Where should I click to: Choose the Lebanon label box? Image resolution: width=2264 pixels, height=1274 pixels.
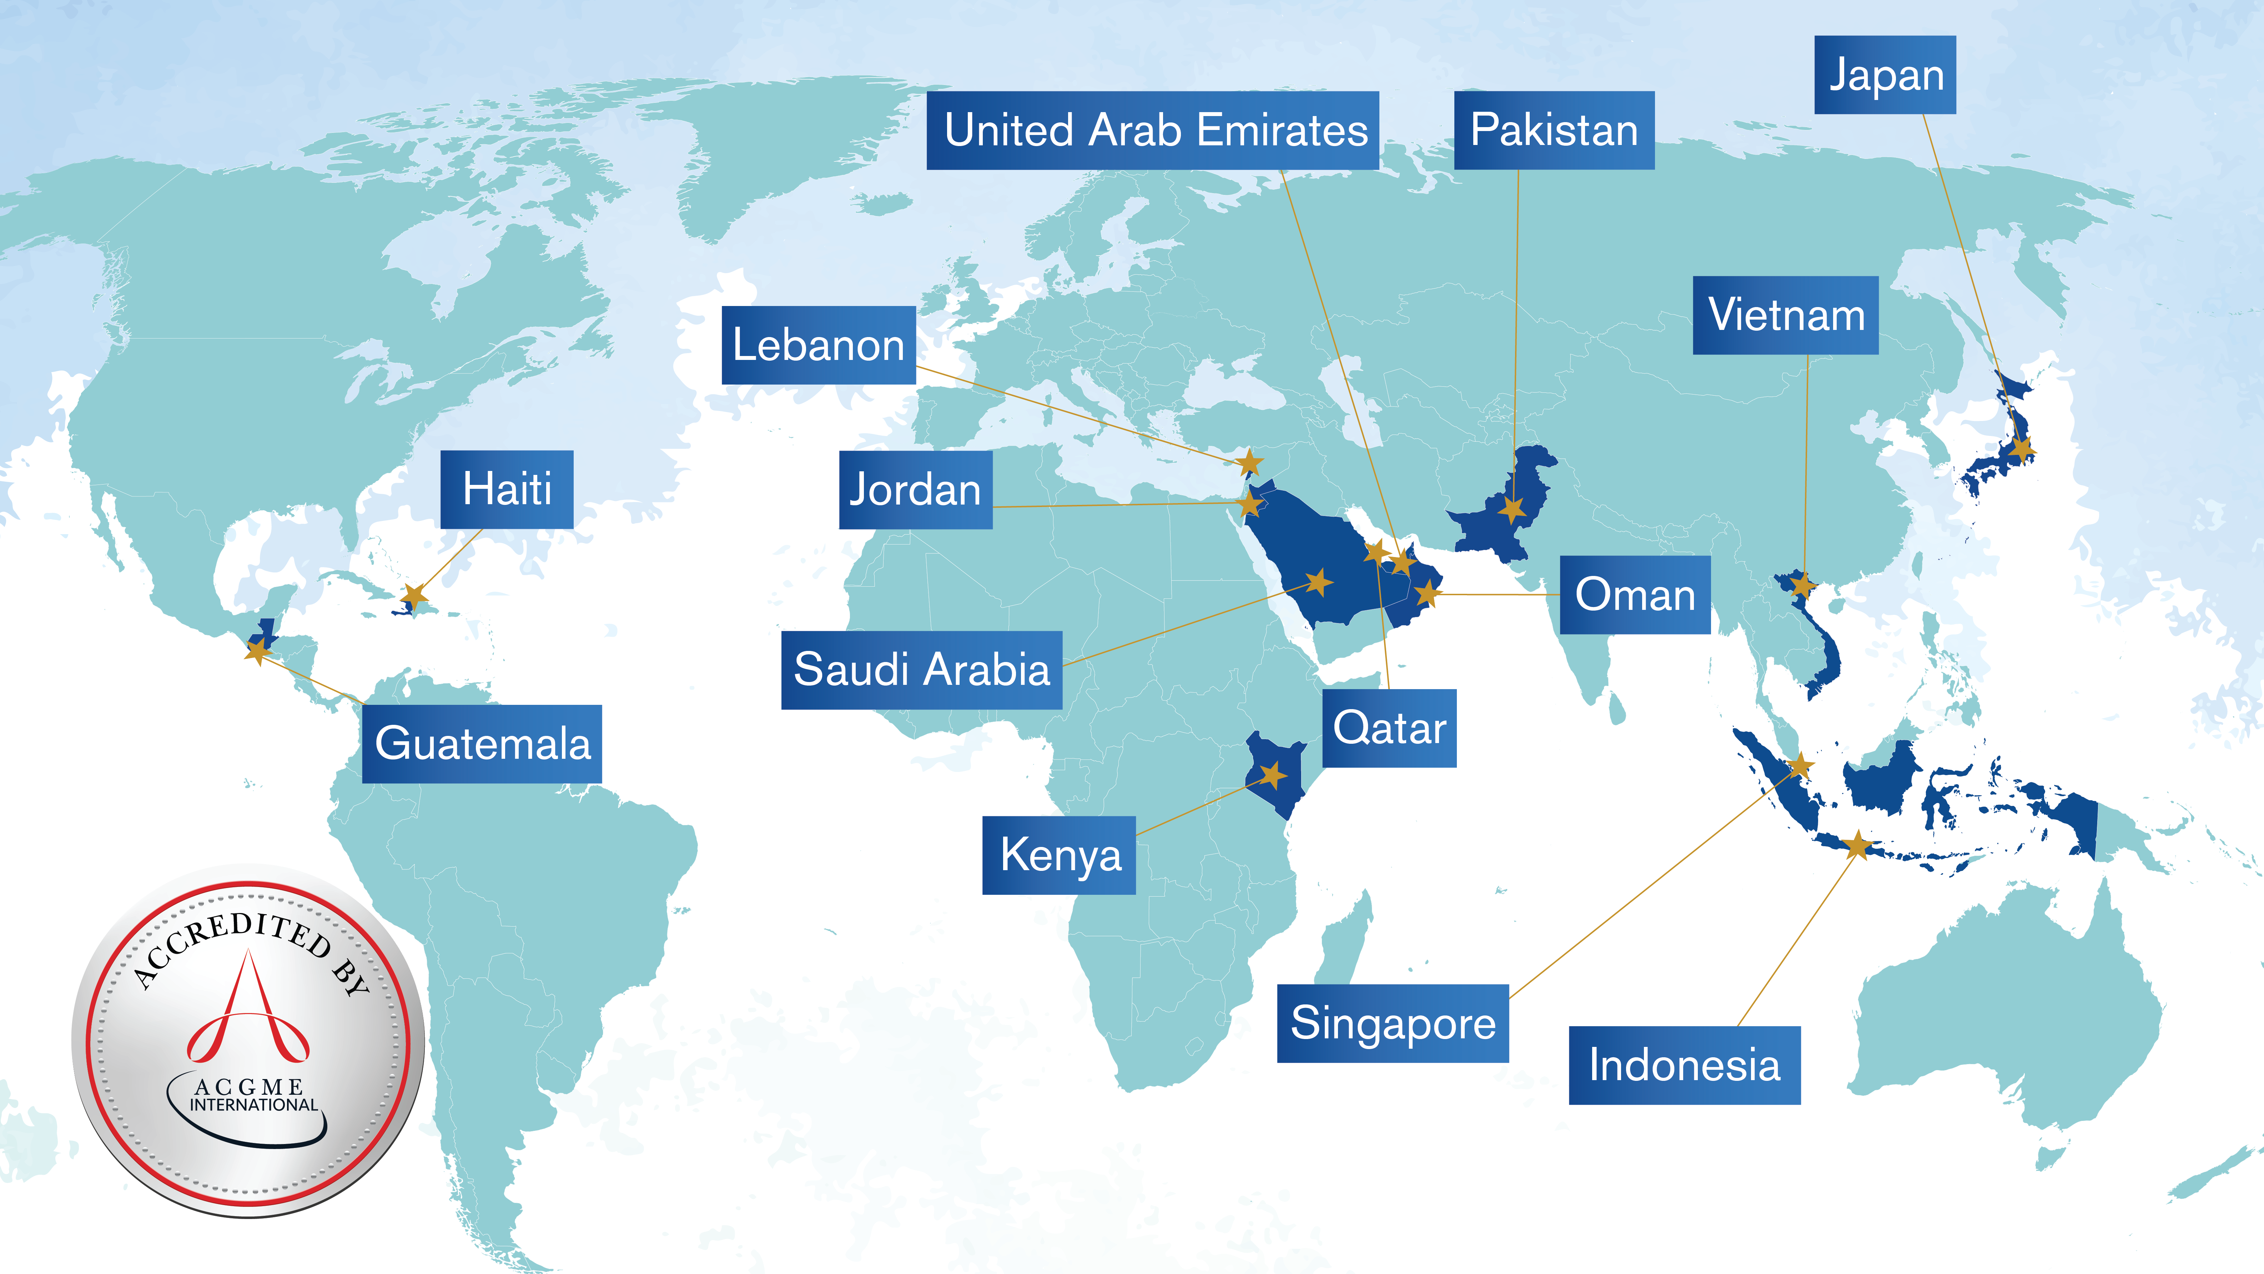pos(818,345)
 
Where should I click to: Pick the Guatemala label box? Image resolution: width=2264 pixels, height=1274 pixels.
pos(482,744)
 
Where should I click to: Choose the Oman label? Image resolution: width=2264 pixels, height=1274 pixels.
pos(1635,595)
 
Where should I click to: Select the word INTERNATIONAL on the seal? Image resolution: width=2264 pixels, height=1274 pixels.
pos(254,1105)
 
